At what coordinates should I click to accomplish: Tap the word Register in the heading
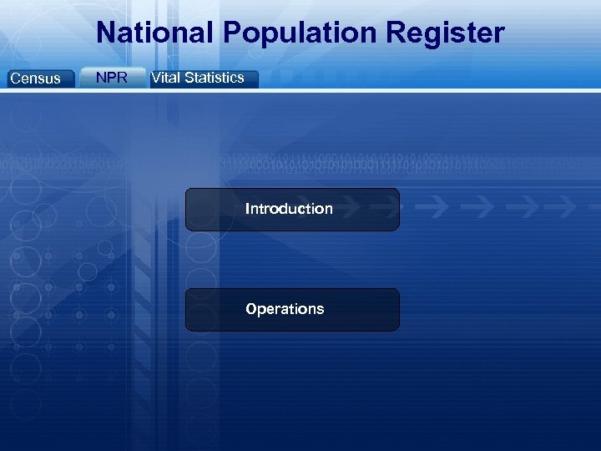click(448, 33)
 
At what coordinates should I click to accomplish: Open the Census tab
click(35, 79)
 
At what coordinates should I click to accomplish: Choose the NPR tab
click(112, 78)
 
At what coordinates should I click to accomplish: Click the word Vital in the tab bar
click(165, 78)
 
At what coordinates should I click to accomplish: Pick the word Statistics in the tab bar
click(215, 78)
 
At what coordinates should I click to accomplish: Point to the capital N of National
click(106, 33)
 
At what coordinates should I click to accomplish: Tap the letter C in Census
click(14, 79)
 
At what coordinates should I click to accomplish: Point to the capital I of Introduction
click(247, 209)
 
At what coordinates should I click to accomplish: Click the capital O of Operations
click(251, 309)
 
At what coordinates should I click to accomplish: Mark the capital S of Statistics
click(189, 78)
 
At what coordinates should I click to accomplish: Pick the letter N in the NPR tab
click(101, 78)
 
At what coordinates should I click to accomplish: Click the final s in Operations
click(320, 309)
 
